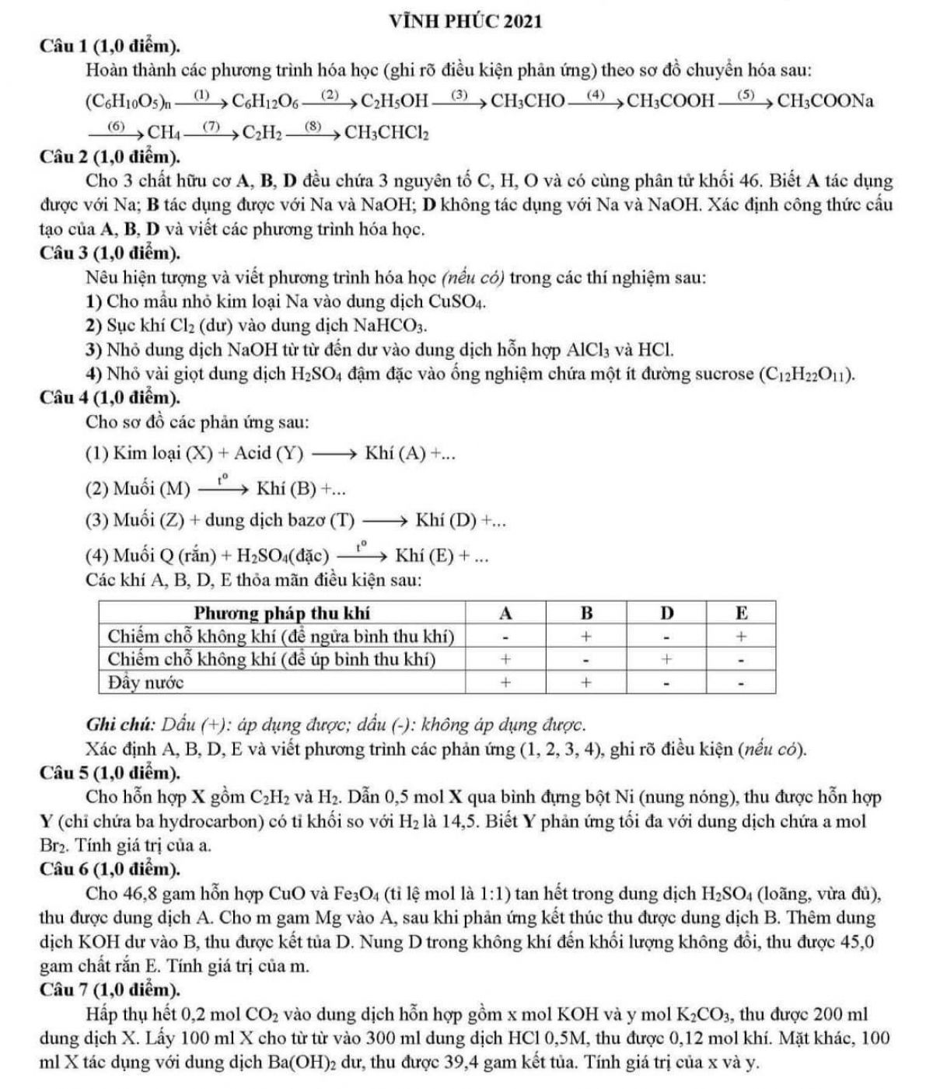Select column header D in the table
666,613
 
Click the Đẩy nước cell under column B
587,682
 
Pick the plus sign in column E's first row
742,636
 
